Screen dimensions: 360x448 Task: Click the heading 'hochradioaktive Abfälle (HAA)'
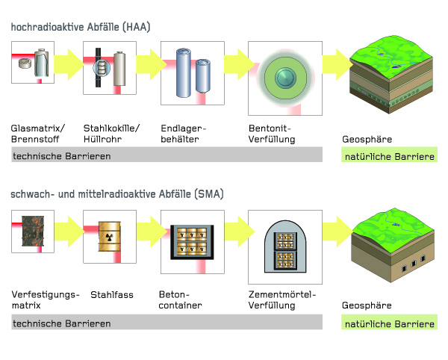81,28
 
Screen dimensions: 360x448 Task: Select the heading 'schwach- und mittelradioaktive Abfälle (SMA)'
118,194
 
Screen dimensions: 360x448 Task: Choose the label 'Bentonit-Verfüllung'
272,134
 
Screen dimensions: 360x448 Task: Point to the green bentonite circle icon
284,78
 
